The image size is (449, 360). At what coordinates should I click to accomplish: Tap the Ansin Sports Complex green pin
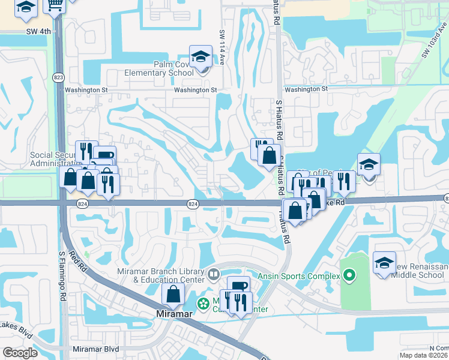pos(350,276)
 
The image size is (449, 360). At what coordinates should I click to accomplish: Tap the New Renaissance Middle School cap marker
pos(384,263)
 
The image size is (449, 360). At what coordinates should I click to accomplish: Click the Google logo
pos(20,353)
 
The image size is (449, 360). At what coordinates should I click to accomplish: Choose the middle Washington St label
pos(194,90)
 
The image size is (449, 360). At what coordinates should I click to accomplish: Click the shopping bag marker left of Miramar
pos(173,294)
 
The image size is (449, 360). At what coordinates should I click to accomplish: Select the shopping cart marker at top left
pos(55,5)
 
